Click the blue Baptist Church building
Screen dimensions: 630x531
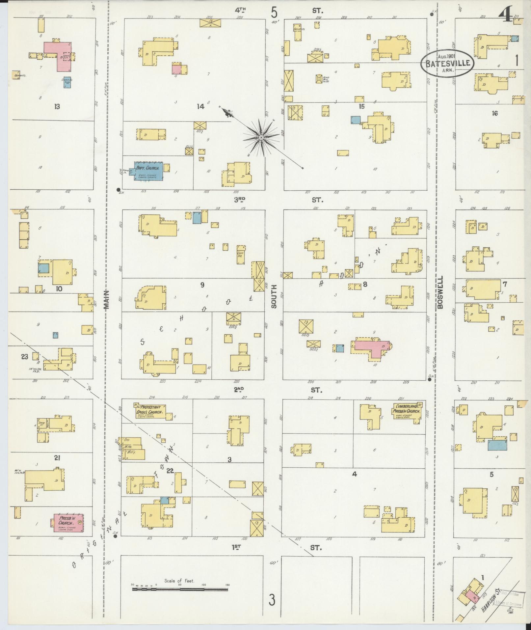(148, 171)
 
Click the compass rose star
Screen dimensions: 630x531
(261, 137)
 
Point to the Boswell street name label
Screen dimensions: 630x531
(440, 292)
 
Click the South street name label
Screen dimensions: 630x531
(274, 296)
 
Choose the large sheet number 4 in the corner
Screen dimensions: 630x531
(505, 14)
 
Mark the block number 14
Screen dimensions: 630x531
(200, 106)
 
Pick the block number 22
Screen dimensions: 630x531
(170, 471)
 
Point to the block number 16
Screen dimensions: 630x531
(494, 113)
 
